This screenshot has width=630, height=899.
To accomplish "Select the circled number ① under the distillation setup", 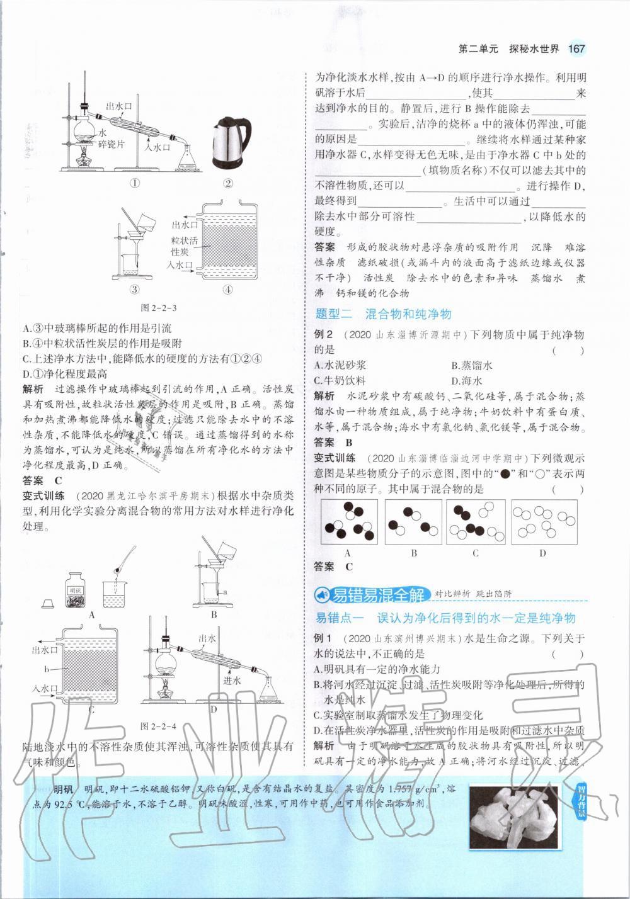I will pyautogui.click(x=134, y=183).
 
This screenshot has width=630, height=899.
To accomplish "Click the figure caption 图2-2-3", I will pyautogui.click(x=157, y=308).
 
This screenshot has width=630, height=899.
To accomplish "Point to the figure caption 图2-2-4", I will pyautogui.click(x=157, y=725).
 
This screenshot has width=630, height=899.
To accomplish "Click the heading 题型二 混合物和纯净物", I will pyautogui.click(x=383, y=314).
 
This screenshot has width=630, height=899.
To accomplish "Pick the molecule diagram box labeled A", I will pyautogui.click(x=348, y=522).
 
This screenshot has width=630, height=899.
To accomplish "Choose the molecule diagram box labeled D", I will pyautogui.click(x=543, y=522).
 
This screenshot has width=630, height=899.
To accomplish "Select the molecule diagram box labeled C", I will pyautogui.click(x=476, y=522).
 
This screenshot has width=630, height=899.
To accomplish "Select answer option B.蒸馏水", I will pyautogui.click(x=472, y=365).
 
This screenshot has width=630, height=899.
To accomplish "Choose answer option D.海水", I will pyautogui.click(x=467, y=380).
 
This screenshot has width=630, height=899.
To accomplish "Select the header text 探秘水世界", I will pyautogui.click(x=534, y=49).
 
